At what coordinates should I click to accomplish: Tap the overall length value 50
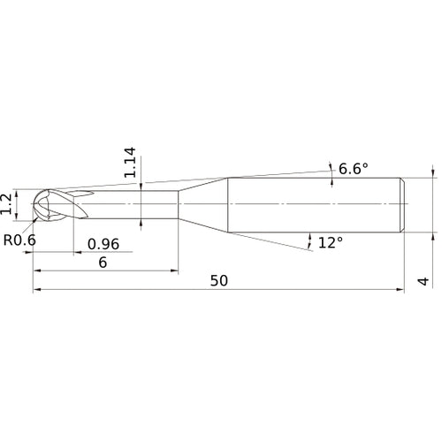[219, 280]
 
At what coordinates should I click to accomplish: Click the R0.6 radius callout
[20, 239]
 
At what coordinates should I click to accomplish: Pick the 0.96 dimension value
[103, 244]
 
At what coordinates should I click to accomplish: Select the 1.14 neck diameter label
[132, 164]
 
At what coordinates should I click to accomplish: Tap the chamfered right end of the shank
[404, 204]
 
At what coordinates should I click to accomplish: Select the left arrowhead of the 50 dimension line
[36, 289]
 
